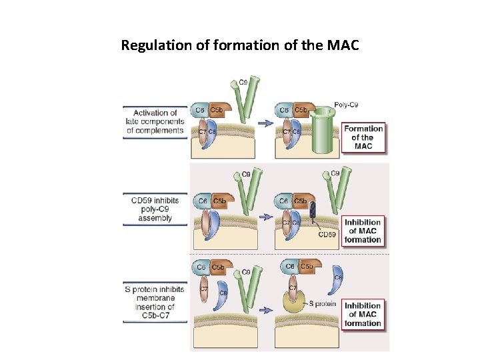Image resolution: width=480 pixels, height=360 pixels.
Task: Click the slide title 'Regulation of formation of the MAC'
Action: (240, 46)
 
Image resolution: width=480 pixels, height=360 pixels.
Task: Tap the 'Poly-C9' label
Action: (346, 105)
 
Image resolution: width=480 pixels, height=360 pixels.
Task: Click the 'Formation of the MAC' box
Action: (363, 137)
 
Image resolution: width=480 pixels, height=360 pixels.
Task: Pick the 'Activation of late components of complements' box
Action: (155, 121)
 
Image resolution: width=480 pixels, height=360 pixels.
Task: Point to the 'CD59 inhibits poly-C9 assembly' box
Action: (155, 208)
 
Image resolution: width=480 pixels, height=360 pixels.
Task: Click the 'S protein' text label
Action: (322, 303)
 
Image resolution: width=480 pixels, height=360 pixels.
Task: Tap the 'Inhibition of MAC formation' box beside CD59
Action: (363, 231)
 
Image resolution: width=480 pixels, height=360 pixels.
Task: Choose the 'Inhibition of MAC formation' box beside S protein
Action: (363, 314)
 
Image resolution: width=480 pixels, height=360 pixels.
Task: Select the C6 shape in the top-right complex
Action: (284, 110)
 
